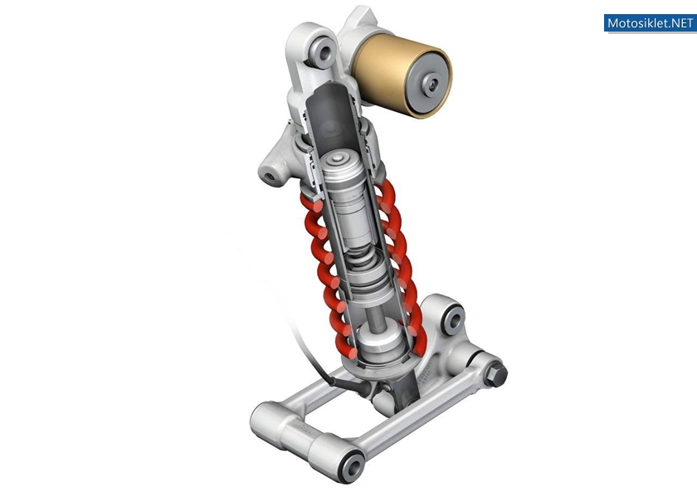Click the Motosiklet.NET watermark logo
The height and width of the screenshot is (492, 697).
[x=650, y=23]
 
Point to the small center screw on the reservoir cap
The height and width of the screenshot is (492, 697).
[x=432, y=82]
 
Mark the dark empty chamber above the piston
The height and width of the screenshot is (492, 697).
[x=331, y=116]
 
